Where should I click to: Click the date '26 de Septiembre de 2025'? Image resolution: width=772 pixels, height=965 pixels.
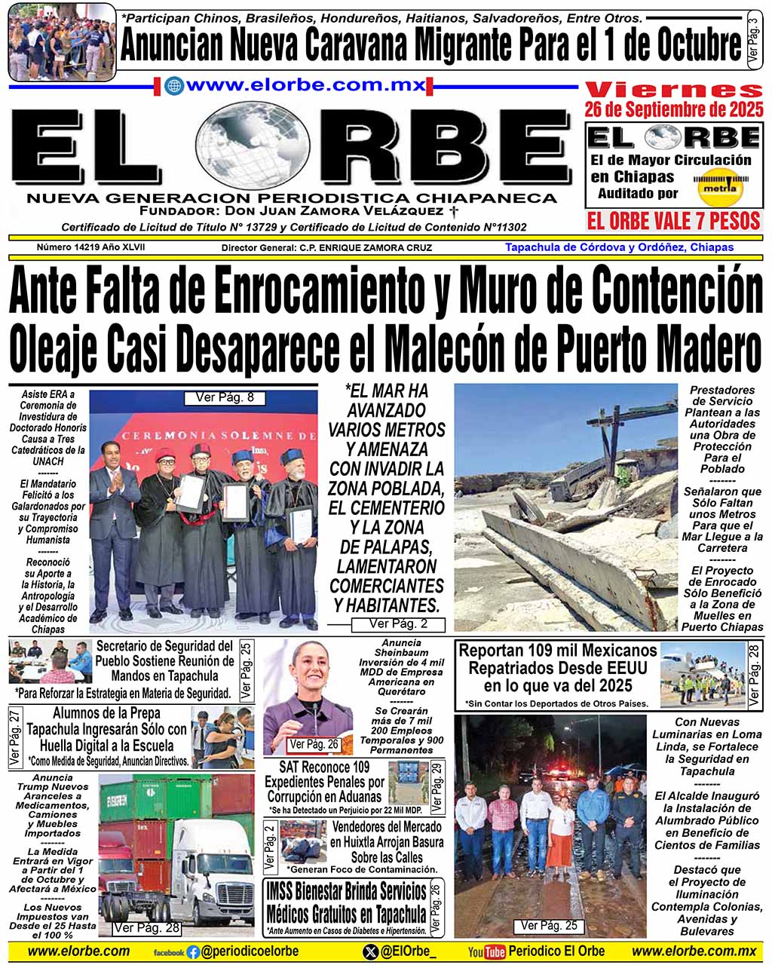point(674,110)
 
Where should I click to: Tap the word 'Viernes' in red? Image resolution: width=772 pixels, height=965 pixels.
point(674,89)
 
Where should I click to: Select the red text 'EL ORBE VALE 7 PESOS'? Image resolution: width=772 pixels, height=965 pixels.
point(674,221)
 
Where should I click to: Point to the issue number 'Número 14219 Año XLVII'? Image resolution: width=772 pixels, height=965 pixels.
point(90,247)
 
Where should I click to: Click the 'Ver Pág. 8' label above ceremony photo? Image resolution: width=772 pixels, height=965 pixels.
point(225,397)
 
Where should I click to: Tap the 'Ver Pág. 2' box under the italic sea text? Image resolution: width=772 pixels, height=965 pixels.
point(398,624)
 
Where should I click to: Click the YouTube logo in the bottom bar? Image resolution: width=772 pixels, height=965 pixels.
point(486,951)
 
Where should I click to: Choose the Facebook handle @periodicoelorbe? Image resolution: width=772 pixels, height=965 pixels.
point(249,951)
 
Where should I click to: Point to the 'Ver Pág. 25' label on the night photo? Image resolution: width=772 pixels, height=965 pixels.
point(549,925)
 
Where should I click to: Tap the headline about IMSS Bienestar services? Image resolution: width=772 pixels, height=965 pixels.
point(345,903)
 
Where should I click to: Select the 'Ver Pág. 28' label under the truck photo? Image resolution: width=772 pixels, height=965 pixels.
point(146,927)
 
